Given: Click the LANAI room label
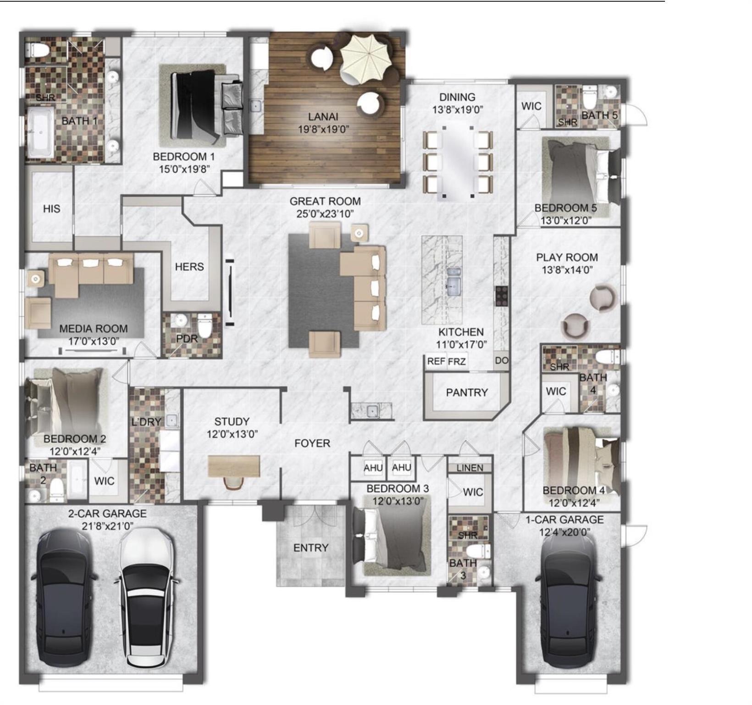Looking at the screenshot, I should (x=323, y=117).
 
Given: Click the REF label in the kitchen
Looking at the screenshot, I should (x=436, y=361).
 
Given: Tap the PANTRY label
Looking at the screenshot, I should (x=467, y=392).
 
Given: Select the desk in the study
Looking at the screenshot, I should (x=234, y=466).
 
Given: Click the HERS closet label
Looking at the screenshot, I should (x=189, y=267).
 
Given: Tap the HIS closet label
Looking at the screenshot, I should (x=51, y=209).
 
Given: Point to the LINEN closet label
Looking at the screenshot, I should (x=470, y=467).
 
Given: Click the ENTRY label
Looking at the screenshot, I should (x=311, y=548).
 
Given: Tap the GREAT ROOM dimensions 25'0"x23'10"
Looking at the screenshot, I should (x=325, y=214).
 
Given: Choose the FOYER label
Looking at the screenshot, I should (x=312, y=443).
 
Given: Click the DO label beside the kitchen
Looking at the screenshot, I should (x=501, y=360).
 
